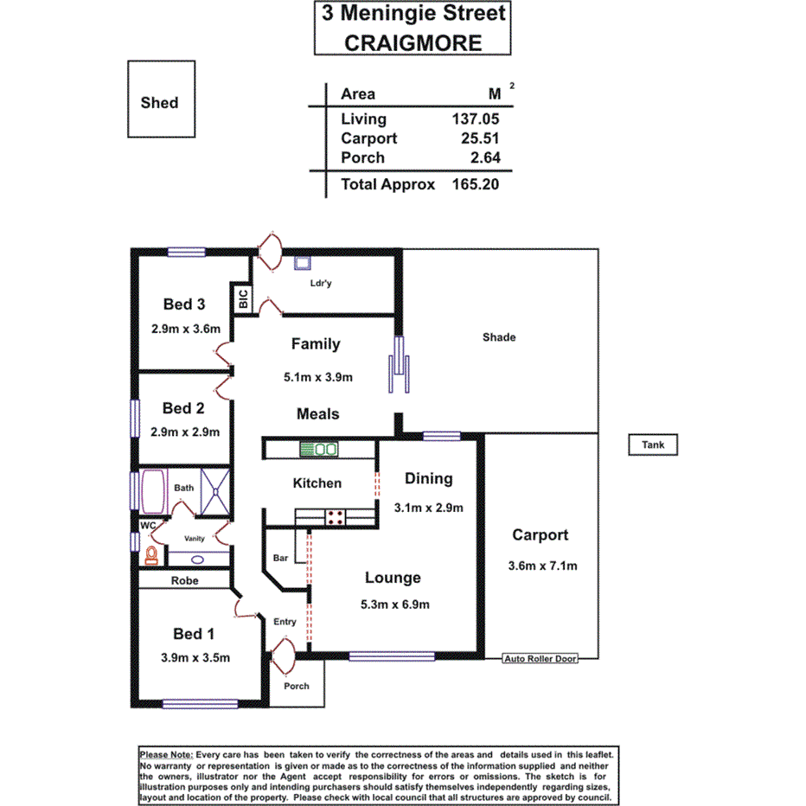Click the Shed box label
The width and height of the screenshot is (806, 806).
(159, 102)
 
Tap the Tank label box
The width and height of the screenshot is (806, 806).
(653, 445)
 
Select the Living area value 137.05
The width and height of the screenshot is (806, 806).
(475, 119)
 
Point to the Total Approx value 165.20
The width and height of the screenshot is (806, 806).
(475, 183)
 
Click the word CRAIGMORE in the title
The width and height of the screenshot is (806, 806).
(413, 42)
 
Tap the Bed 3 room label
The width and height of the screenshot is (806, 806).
(184, 304)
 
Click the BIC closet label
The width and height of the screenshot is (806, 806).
(243, 300)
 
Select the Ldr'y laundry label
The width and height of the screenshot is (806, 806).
(321, 283)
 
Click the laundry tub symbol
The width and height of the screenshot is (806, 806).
(304, 264)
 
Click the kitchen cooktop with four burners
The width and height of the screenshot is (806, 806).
(335, 518)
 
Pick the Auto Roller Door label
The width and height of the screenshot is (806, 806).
(540, 659)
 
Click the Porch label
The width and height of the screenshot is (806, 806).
(297, 686)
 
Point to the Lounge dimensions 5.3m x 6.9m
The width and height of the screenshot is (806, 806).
(393, 604)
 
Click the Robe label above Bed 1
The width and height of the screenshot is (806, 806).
(184, 580)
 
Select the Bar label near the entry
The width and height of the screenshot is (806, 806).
(280, 558)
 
